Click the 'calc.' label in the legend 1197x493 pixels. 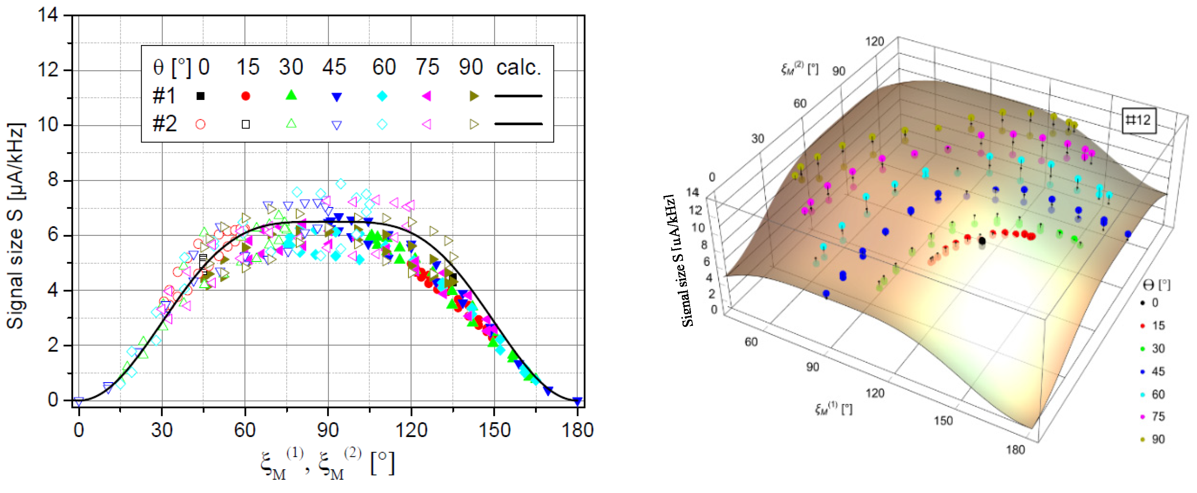click(519, 68)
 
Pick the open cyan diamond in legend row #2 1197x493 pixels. click(382, 124)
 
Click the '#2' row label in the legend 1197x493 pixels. click(165, 124)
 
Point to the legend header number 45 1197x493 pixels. click(334, 68)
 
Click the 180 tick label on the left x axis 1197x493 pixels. click(577, 430)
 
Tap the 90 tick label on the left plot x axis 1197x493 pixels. click(328, 430)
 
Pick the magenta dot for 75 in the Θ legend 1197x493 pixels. click(1142, 417)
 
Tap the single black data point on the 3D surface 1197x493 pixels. click(982, 241)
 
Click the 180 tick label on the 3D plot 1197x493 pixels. click(1015, 450)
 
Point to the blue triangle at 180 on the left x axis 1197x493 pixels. click(577, 401)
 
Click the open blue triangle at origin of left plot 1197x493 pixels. click(79, 401)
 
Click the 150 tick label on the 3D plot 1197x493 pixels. click(943, 421)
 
